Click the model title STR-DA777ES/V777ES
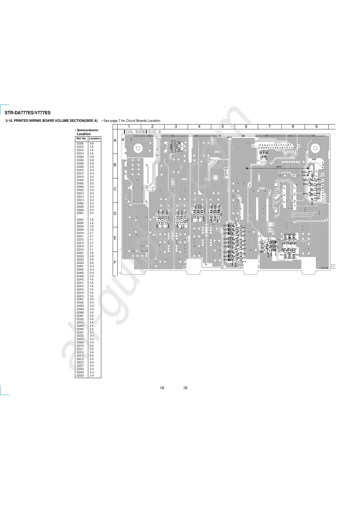[x=28, y=113]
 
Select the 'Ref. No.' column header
[x=81, y=138]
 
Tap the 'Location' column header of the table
[x=95, y=138]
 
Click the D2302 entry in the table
[x=80, y=144]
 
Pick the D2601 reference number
[x=80, y=213]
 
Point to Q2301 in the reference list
[x=80, y=220]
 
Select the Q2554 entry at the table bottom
[x=80, y=376]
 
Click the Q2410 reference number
[x=80, y=280]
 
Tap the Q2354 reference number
[x=80, y=263]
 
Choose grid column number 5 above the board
[x=223, y=127]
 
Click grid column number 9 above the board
[x=316, y=127]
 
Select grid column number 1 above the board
[x=129, y=127]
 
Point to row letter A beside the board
[x=115, y=141]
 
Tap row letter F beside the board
[x=115, y=263]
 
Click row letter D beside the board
[x=115, y=214]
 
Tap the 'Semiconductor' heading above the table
[x=87, y=130]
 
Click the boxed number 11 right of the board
[x=333, y=267]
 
